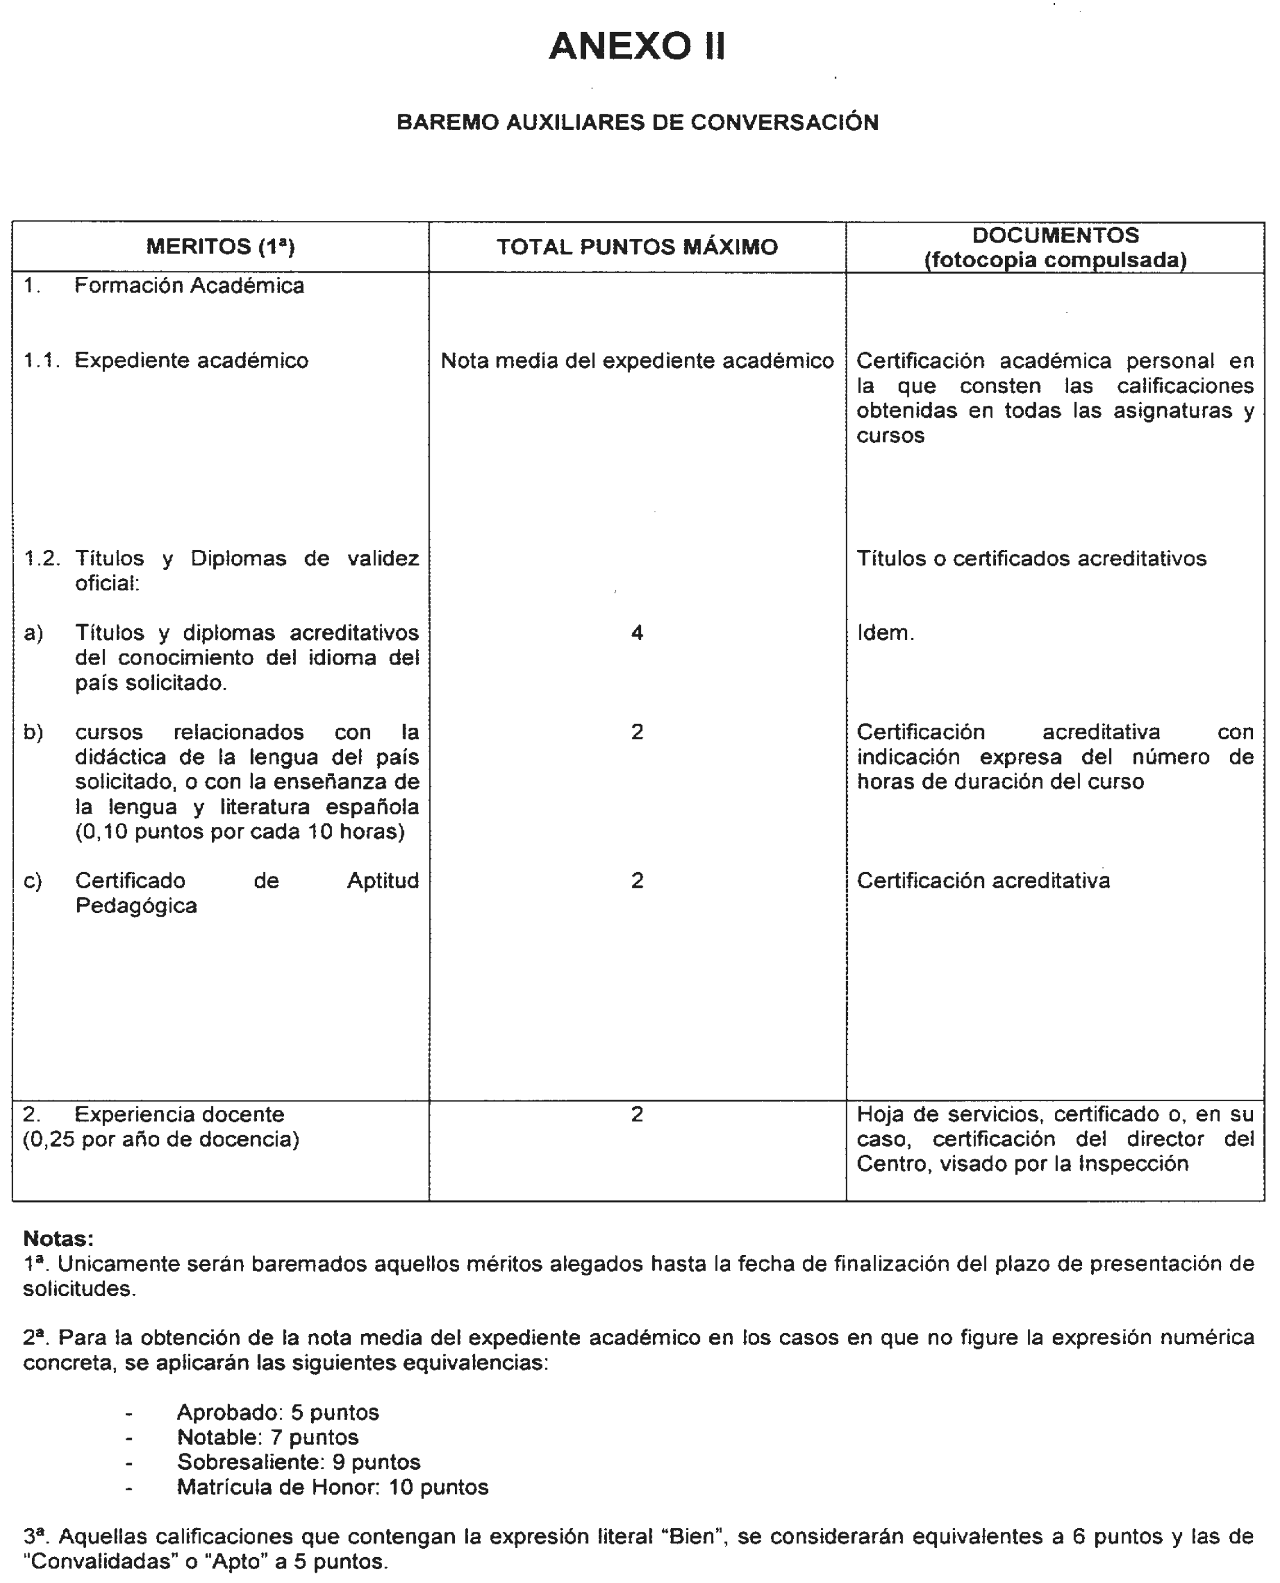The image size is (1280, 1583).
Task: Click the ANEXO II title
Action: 637,46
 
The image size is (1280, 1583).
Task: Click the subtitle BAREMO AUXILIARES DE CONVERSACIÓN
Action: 637,122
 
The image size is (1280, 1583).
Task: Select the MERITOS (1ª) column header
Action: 220,246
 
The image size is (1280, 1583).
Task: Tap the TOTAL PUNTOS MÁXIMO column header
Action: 637,247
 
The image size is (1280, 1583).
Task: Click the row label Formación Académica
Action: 189,286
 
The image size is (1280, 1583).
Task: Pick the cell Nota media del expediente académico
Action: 637,361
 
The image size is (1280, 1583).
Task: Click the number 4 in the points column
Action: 637,633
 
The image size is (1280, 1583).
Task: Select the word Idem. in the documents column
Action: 885,633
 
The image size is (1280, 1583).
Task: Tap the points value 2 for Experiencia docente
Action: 637,1114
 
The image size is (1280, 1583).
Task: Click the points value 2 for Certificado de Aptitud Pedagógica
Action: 637,881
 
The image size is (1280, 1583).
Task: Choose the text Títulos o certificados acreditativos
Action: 1031,558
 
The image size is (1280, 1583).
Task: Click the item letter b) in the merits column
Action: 33,732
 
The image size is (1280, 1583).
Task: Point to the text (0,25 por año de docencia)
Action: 161,1140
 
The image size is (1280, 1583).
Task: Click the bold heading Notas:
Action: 58,1238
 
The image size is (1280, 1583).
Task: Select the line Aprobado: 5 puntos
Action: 277,1413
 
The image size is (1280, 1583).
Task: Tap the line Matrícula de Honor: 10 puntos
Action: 332,1487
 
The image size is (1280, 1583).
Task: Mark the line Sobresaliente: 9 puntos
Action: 298,1462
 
